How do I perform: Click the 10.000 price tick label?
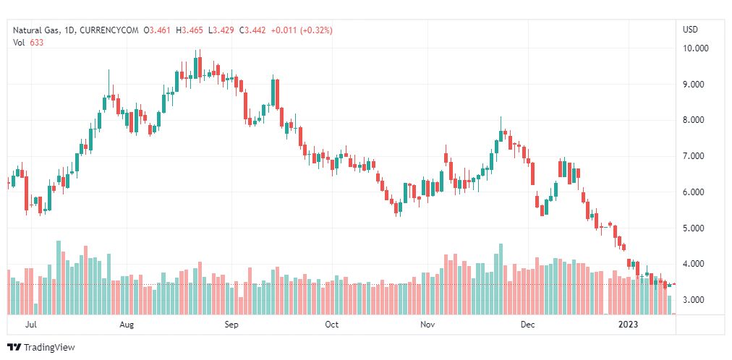(x=697, y=48)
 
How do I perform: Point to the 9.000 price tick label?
(x=695, y=85)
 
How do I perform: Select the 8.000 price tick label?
(x=695, y=120)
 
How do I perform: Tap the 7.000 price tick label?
(x=695, y=156)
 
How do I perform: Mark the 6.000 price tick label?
(x=695, y=192)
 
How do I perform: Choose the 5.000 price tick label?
(x=695, y=228)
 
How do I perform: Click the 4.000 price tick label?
(x=695, y=264)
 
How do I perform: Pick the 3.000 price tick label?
(x=695, y=300)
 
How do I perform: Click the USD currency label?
(x=690, y=30)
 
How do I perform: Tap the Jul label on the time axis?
(x=31, y=325)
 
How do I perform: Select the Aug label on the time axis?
(x=127, y=325)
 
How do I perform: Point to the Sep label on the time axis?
(x=231, y=325)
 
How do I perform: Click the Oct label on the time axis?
(x=331, y=325)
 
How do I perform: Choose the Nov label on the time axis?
(x=427, y=325)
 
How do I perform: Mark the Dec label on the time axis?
(x=527, y=325)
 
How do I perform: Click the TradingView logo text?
(x=48, y=348)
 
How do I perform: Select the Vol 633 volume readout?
(x=28, y=42)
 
